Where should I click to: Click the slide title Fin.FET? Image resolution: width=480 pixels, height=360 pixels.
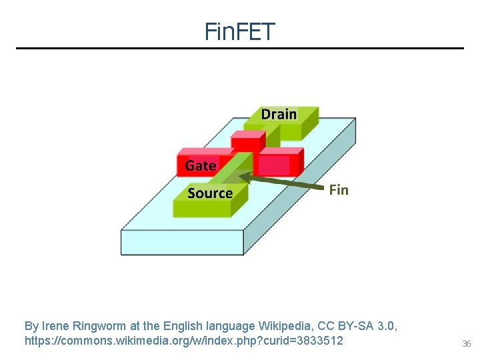(x=240, y=31)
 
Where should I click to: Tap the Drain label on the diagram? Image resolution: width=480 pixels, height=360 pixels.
(x=279, y=114)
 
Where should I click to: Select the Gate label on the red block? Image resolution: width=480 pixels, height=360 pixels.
(x=201, y=165)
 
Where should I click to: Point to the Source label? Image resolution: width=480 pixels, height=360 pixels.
(x=210, y=193)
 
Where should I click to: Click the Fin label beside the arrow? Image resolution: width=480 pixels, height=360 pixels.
(x=339, y=190)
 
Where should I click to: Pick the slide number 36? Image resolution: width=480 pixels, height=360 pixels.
(x=466, y=344)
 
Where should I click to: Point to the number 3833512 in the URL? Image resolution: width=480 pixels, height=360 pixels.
(x=319, y=341)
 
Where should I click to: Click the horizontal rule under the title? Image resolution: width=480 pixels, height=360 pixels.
(x=240, y=48)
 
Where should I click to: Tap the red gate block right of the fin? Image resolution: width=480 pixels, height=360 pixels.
(x=274, y=164)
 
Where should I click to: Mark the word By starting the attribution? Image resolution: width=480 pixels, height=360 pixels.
(x=31, y=326)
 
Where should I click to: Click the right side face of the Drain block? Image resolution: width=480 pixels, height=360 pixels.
(x=309, y=122)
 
